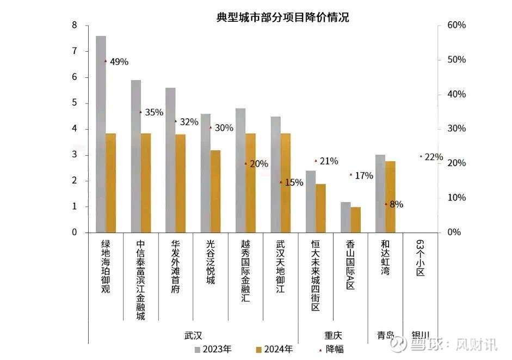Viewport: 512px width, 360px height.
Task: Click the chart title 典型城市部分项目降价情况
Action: click(x=282, y=17)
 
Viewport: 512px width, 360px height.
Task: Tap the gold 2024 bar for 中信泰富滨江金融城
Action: click(x=146, y=182)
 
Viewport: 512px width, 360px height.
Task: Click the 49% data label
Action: click(x=119, y=62)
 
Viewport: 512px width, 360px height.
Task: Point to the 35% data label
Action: click(x=154, y=113)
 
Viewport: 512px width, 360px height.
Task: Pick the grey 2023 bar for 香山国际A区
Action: click(x=346, y=217)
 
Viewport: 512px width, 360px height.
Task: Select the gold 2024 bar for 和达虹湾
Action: click(x=390, y=197)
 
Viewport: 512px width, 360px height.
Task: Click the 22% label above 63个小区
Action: click(x=434, y=157)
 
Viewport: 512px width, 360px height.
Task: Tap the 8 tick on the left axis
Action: click(x=74, y=26)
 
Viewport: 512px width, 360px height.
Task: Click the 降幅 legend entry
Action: click(x=330, y=349)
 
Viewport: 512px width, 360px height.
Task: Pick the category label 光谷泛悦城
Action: click(x=210, y=263)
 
